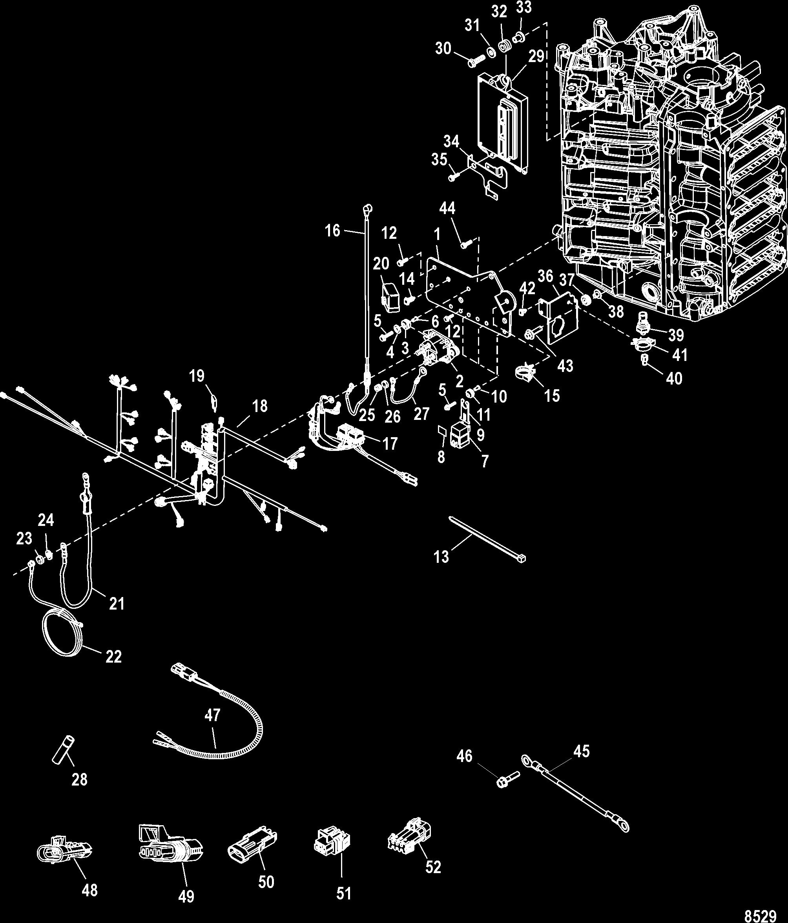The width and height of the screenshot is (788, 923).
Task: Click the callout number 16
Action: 332,231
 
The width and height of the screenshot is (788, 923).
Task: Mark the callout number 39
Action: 676,335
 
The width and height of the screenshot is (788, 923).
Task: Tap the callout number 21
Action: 117,604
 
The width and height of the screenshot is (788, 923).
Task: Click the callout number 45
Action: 582,751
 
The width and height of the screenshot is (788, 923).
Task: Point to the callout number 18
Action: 260,406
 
